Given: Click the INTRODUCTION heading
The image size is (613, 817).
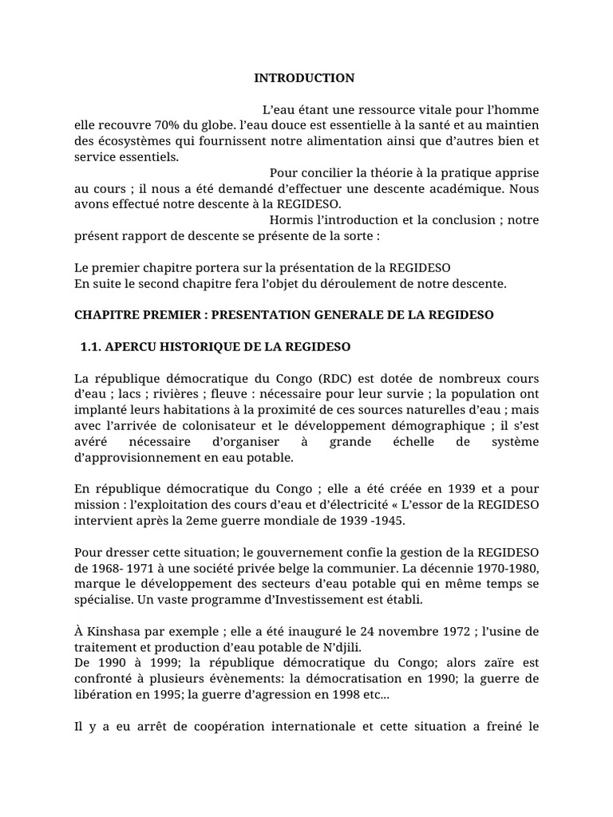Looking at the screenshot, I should click(x=304, y=78).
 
